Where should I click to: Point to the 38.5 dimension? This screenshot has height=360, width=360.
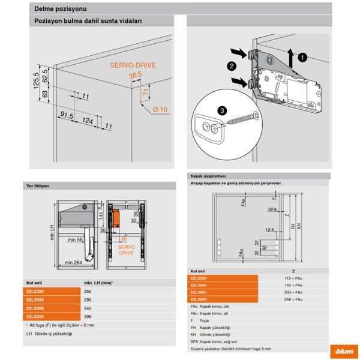tap(135, 76)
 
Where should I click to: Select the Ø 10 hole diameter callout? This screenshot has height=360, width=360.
tap(159, 109)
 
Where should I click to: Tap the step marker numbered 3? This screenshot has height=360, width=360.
tap(223, 110)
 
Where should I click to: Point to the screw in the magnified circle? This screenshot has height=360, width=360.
tap(240, 120)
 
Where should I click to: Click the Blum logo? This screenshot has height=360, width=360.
tap(344, 352)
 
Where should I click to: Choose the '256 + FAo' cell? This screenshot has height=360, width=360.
tap(293, 298)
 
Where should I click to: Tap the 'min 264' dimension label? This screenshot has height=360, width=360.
tap(74, 262)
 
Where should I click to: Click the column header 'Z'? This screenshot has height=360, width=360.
tap(293, 271)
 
